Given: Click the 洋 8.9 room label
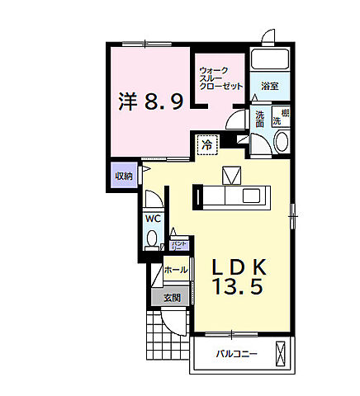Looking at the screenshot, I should coord(149,103).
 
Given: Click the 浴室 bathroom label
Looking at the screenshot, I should coord(269,86).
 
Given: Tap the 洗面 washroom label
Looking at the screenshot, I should coord(260,120).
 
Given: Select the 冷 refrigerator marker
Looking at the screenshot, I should coord(206,145).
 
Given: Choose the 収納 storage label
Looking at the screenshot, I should coord(123,176).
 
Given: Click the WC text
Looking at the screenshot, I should coord(153,219).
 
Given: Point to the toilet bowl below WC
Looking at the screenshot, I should coord(153,240).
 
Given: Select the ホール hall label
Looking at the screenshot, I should coord(174,270).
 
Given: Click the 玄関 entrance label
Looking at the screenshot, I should coord(172,298).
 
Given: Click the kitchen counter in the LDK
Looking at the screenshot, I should coord(231,196).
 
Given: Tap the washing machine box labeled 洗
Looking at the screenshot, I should coord(281,117).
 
